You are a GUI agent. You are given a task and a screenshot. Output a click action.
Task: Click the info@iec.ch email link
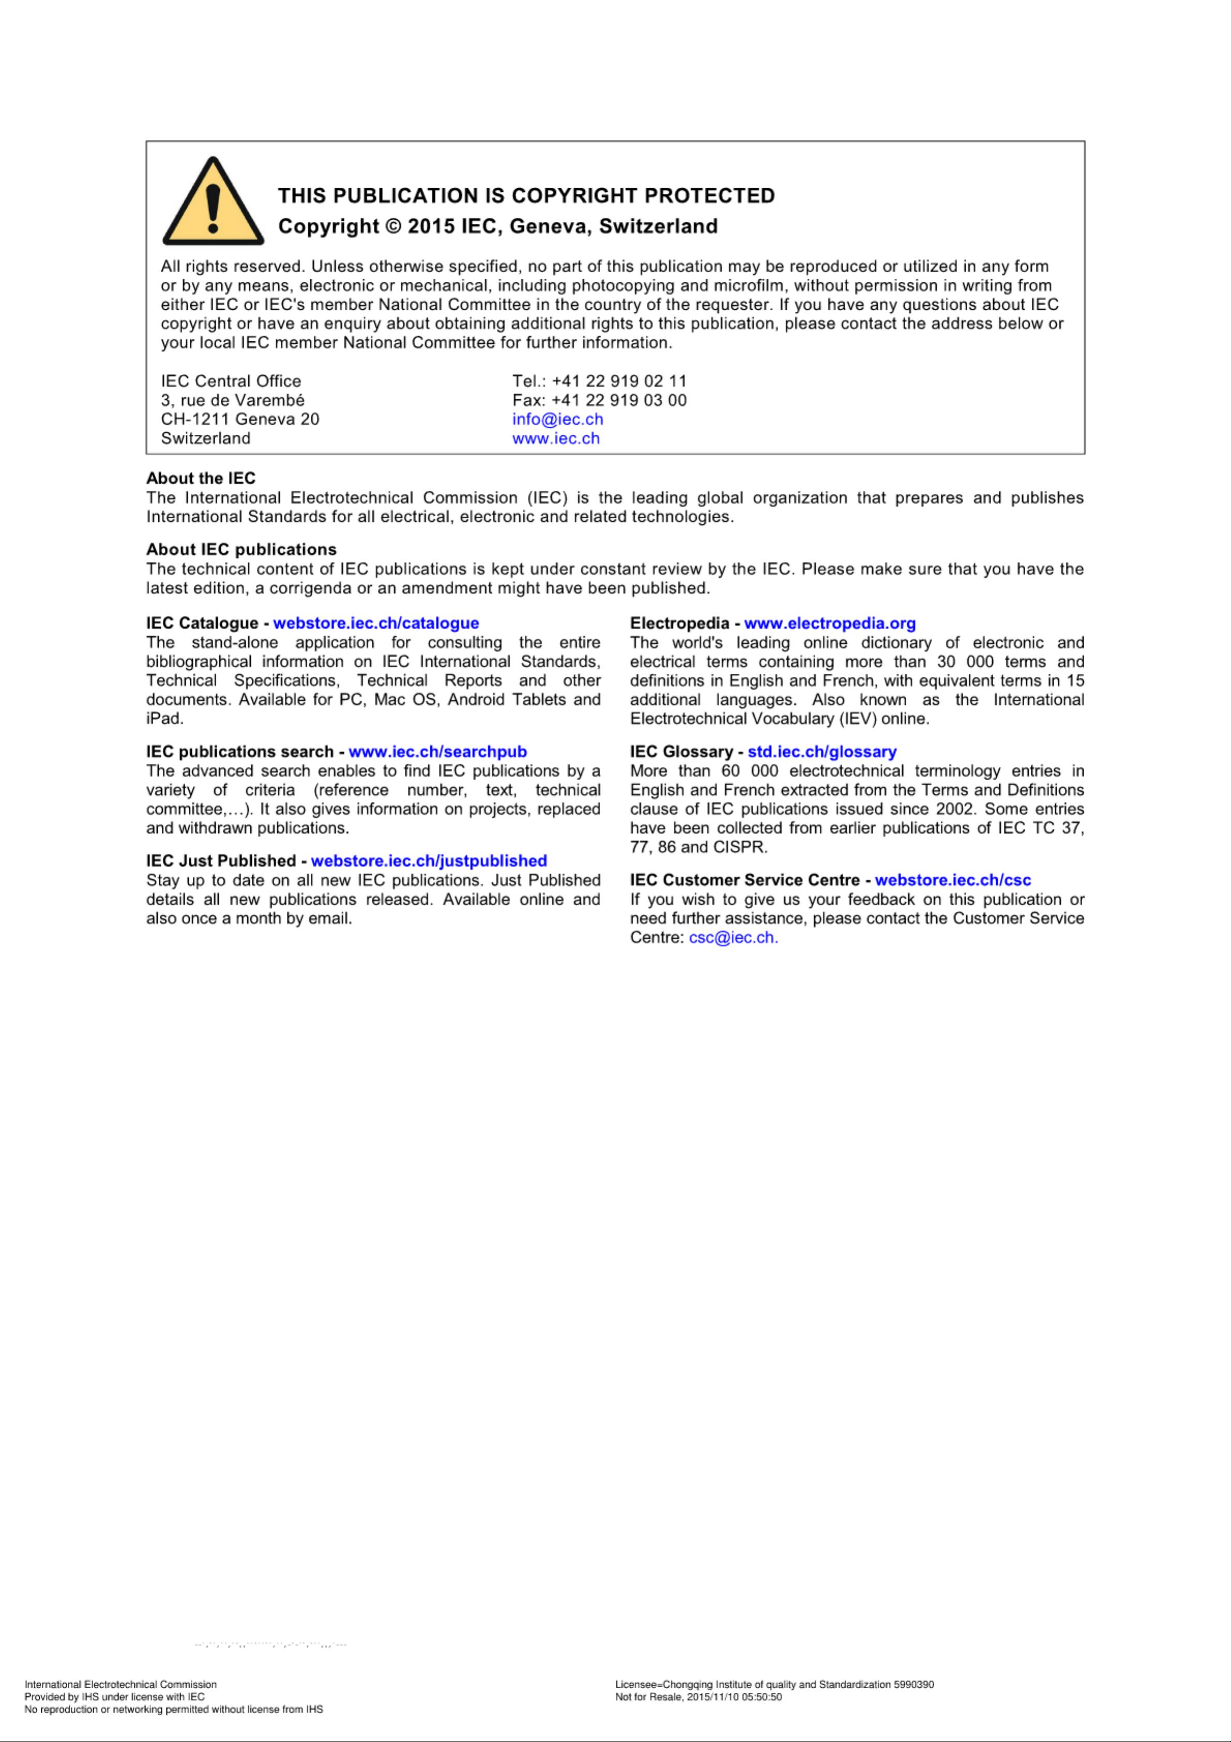(557, 419)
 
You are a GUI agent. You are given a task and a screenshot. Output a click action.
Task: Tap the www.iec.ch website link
(556, 438)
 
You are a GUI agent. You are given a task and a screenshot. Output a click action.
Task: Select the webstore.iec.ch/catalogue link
(376, 623)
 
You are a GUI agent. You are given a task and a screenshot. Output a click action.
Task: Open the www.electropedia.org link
(830, 623)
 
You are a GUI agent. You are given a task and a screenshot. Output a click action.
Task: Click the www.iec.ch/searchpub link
(437, 751)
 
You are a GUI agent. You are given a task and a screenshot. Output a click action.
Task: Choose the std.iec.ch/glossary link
(822, 751)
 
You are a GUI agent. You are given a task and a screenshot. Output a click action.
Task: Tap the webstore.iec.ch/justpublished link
(429, 860)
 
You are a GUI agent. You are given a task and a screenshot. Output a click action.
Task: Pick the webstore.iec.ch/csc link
(953, 880)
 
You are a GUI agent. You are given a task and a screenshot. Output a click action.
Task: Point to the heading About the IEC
(201, 478)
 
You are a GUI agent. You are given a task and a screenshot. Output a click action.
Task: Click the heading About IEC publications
(241, 549)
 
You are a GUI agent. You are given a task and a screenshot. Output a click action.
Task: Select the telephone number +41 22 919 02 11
(619, 381)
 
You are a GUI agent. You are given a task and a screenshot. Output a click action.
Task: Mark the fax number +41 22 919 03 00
(619, 400)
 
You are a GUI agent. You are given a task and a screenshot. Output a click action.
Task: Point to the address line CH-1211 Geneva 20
(240, 419)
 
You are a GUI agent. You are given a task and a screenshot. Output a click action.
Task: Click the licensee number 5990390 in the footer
(914, 1684)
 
